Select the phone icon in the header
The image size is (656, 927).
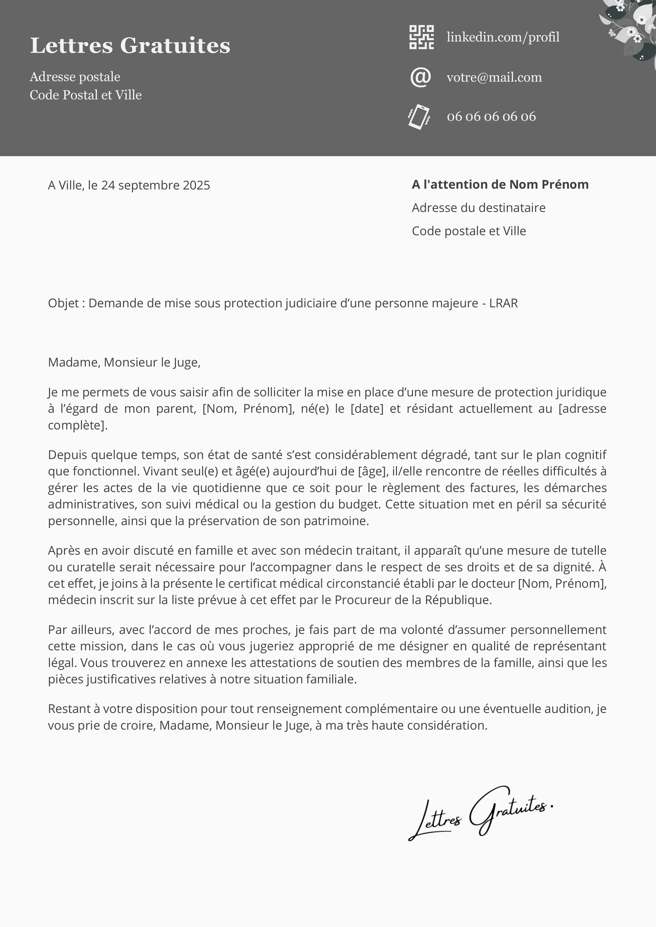tap(419, 117)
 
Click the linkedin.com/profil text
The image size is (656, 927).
tap(503, 37)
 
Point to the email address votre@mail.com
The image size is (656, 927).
tap(494, 77)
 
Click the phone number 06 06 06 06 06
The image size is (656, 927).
tap(491, 117)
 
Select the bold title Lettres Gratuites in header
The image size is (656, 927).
tap(130, 45)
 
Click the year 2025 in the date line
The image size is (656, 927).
tap(197, 185)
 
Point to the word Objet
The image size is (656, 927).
tap(63, 303)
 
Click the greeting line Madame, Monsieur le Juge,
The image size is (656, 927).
tap(124, 363)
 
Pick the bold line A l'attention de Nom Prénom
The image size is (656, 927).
tap(500, 184)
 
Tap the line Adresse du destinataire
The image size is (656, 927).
tap(479, 208)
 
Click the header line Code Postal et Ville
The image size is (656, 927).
tap(86, 95)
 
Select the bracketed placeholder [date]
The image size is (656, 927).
tap(367, 409)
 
